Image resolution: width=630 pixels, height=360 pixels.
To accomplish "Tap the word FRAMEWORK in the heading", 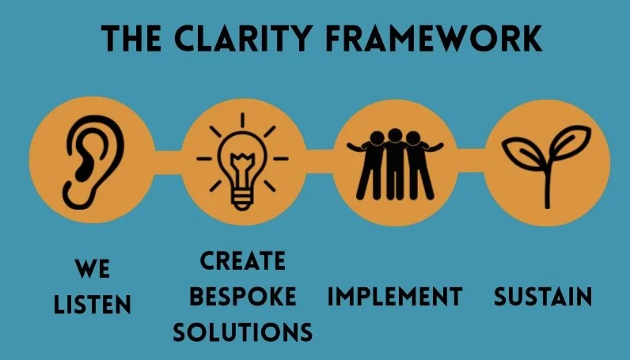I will point(444,36).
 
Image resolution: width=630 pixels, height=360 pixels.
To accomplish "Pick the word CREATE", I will point(243,260).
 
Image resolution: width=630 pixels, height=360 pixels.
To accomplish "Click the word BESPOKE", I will point(243,297).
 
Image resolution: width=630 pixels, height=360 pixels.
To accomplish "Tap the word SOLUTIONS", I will point(243,333).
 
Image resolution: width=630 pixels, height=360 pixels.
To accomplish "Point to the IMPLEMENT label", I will point(395,297).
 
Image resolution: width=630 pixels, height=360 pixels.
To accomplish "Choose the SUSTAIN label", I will point(543,297).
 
